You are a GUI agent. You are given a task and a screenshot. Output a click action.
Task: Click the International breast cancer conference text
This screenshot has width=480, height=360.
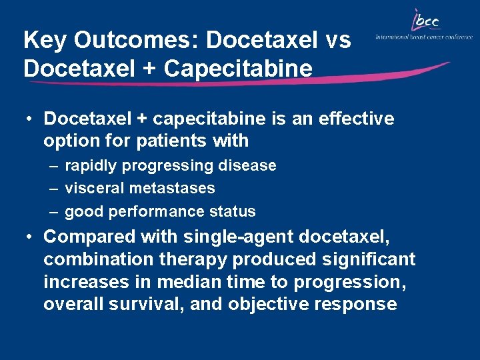(x=424, y=37)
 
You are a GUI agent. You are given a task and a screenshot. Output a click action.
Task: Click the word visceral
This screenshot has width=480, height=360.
(x=91, y=188)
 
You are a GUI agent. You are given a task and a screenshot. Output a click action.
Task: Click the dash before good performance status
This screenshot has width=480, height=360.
(x=52, y=211)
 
